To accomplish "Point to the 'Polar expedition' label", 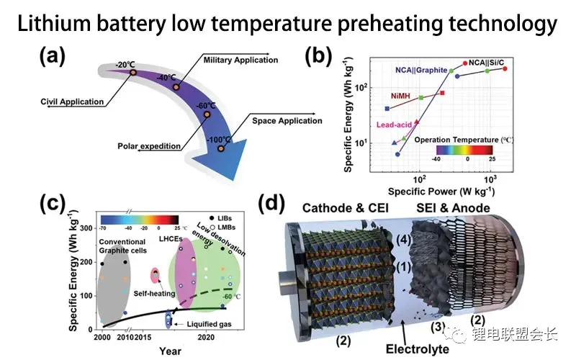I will [x=149, y=146].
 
